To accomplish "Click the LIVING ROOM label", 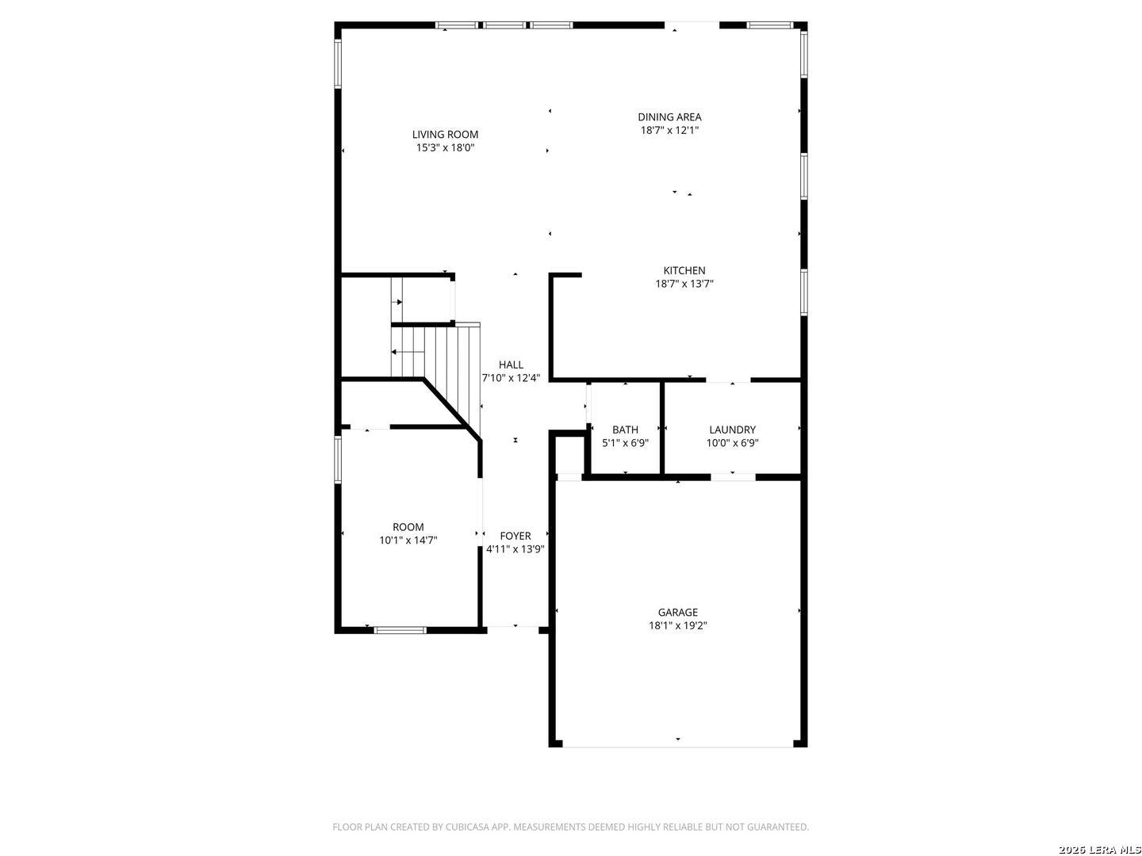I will pos(445,135).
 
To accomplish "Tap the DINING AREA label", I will pos(669,117).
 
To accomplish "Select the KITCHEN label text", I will pos(684,271).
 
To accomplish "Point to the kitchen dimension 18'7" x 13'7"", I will pos(684,284).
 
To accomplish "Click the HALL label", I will pos(511,365).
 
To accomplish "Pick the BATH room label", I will pos(625,430).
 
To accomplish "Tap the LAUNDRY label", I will pos(732,430).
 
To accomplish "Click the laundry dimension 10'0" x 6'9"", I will pos(732,443).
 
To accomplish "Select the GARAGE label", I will pos(677,613).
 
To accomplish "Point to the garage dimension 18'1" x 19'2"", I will pos(677,625).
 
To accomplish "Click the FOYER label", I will pos(515,537).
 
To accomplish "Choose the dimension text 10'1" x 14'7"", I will pos(408,541).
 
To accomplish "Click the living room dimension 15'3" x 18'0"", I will pos(445,147).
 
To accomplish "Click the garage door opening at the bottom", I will pos(677,745).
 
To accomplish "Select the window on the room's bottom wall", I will pos(400,631).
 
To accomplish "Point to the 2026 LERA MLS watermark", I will pos(1099,850).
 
